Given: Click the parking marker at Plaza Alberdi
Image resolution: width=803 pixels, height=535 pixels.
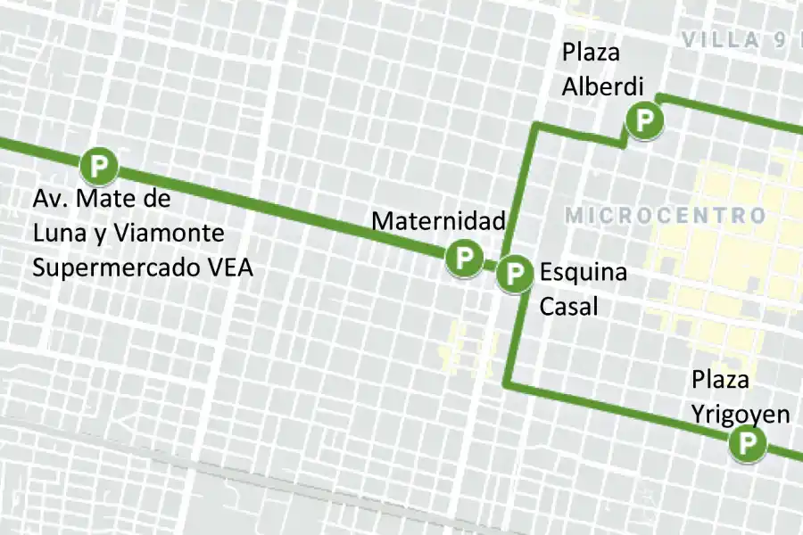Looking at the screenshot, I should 643,120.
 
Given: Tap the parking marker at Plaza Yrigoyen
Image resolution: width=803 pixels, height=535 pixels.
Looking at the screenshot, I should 748,444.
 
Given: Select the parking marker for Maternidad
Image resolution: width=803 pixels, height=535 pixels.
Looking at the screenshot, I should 463,259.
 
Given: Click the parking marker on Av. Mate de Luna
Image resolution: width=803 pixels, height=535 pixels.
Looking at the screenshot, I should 98,165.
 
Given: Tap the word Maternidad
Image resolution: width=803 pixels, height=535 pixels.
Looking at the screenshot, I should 438,220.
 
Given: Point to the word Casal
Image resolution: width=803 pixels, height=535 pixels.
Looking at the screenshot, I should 568,305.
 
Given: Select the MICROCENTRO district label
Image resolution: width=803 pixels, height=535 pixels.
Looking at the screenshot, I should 666,216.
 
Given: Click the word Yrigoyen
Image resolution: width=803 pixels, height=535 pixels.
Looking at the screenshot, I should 741,414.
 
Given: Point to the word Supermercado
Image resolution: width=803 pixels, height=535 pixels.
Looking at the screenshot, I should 119,267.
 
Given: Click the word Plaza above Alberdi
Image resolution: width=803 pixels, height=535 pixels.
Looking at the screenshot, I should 591,53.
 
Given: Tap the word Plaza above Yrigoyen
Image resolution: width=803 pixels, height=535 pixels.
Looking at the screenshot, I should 721,381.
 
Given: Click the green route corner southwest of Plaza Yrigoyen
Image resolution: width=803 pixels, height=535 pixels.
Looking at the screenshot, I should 508,385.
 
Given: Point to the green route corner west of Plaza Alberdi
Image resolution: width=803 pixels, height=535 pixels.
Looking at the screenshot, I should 536,127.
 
